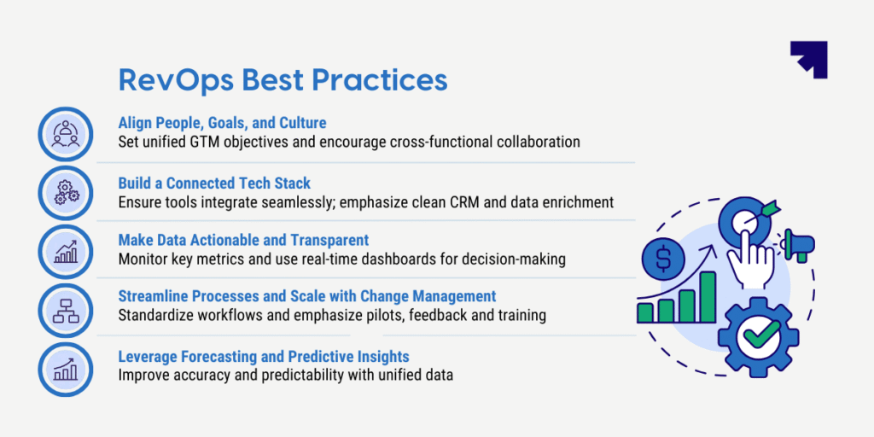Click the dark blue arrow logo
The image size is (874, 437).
pyautogui.click(x=809, y=59)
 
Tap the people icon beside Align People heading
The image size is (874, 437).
pyautogui.click(x=66, y=134)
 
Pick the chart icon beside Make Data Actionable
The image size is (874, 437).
pyautogui.click(x=66, y=252)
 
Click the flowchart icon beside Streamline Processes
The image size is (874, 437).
pyautogui.click(x=66, y=310)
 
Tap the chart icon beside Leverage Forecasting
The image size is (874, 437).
pyautogui.click(x=66, y=369)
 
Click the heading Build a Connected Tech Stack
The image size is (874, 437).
pyautogui.click(x=214, y=183)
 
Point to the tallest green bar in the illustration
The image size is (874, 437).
pyautogui.click(x=708, y=296)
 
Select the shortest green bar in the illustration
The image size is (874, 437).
pyautogui.click(x=645, y=312)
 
